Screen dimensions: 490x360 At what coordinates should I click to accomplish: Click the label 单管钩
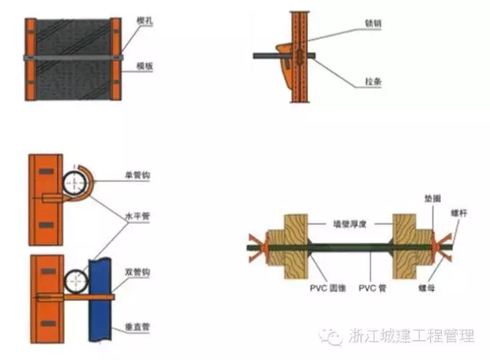pyautogui.click(x=139, y=175)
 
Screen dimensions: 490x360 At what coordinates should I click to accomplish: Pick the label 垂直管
pyautogui.click(x=139, y=327)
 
